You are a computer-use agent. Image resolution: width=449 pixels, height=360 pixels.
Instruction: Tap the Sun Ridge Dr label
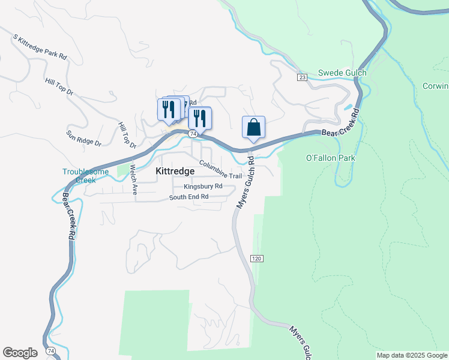pyautogui.click(x=84, y=139)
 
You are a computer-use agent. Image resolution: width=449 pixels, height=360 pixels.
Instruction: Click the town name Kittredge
pyautogui.click(x=175, y=171)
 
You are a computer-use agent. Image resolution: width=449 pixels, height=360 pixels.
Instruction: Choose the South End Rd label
pyautogui.click(x=188, y=197)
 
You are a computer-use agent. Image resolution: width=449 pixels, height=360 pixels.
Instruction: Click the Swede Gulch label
pyautogui.click(x=342, y=73)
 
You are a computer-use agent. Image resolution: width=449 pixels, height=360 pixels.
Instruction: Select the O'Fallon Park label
pyautogui.click(x=331, y=158)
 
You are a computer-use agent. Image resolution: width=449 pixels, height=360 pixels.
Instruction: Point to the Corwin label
pyautogui.click(x=436, y=86)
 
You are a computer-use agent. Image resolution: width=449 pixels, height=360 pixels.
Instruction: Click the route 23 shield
pyautogui.click(x=301, y=77)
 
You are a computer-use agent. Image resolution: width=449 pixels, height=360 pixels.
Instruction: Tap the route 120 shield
pyautogui.click(x=256, y=258)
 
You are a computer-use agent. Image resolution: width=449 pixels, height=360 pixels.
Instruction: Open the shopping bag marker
pyautogui.click(x=253, y=127)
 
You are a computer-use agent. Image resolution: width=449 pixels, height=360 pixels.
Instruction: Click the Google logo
pyautogui.click(x=20, y=353)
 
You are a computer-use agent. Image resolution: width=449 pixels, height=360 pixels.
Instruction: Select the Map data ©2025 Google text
pyautogui.click(x=412, y=355)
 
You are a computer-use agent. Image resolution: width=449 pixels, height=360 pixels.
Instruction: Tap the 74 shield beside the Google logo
pyautogui.click(x=50, y=350)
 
